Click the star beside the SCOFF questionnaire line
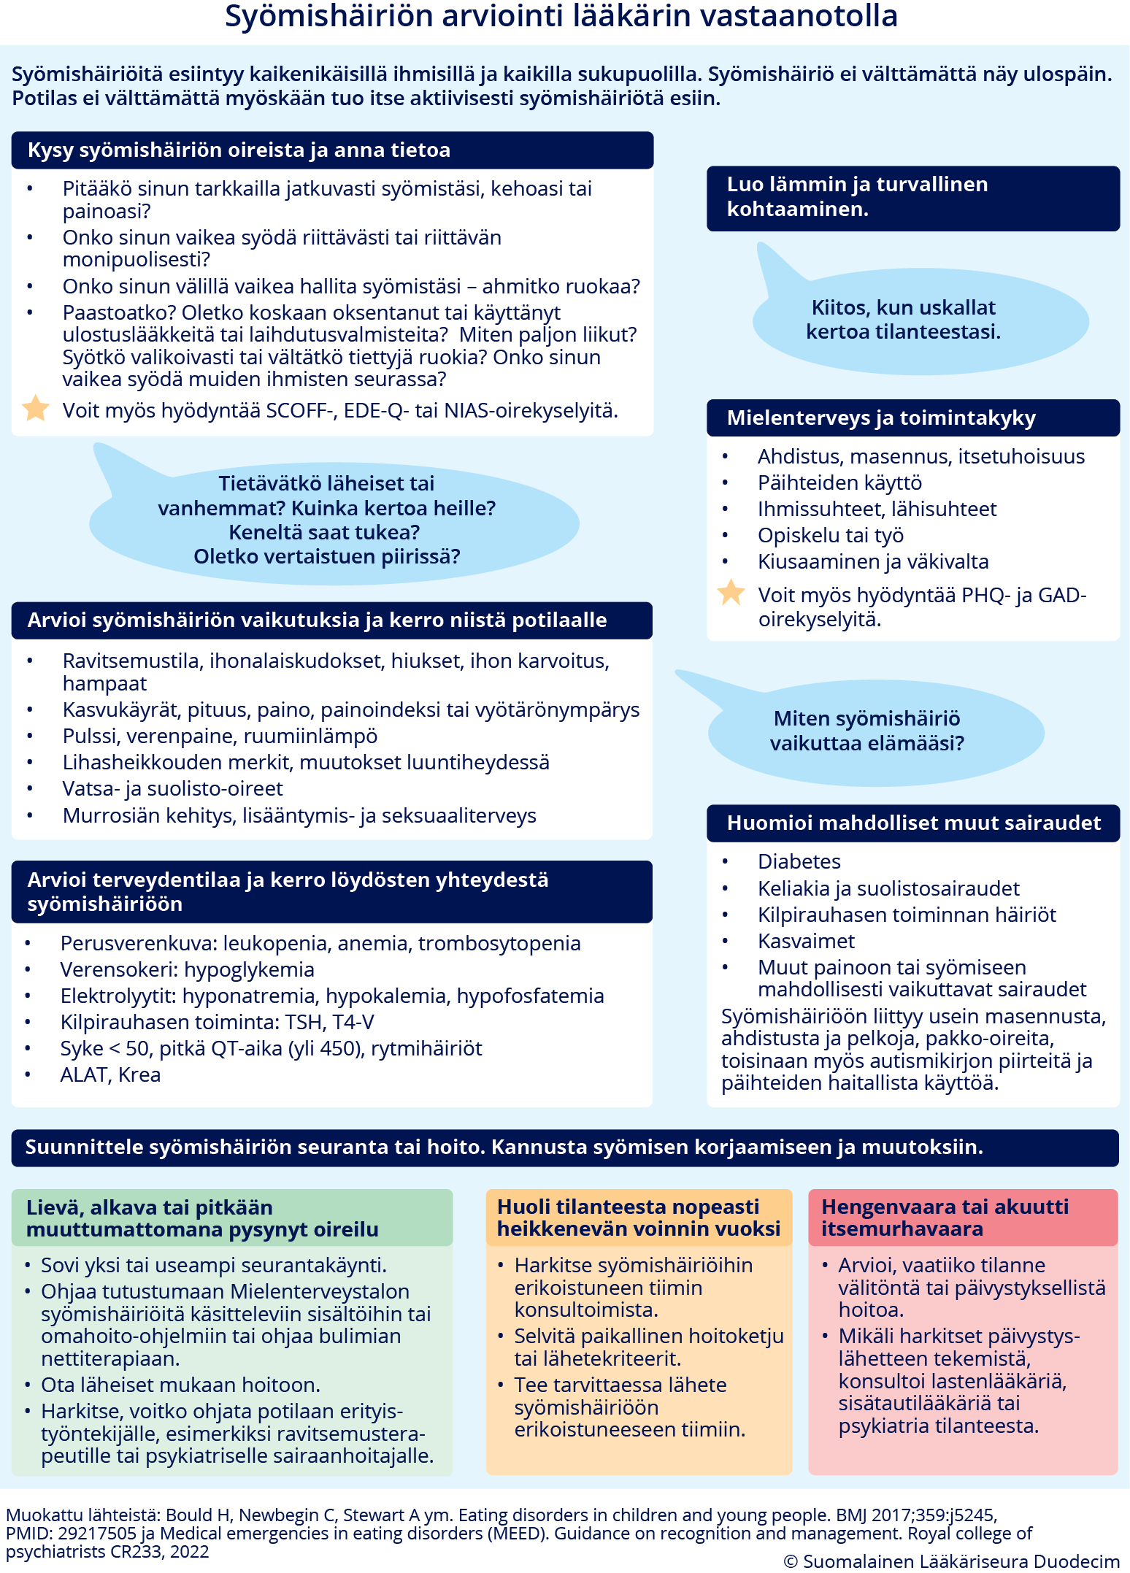35,408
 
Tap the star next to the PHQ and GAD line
731,593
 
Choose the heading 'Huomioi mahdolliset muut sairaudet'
912,823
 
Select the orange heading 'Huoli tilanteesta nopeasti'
639,1218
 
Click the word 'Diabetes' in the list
799,861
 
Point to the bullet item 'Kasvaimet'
806,941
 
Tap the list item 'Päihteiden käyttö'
839,482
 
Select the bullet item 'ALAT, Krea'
110,1074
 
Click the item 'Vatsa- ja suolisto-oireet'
172,788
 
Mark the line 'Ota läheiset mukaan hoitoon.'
180,1385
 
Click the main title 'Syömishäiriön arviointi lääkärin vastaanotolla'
561,16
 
